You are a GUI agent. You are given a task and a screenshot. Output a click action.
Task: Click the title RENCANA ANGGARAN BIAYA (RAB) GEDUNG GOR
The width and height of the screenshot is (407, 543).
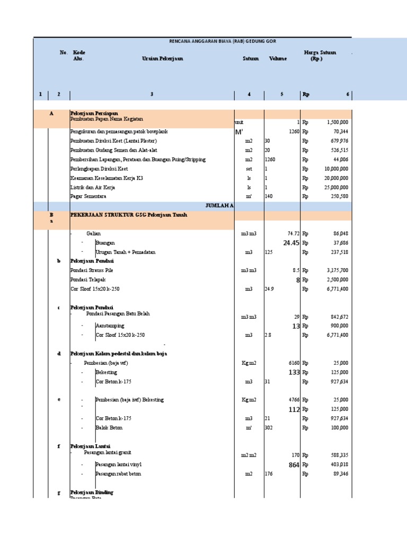(x=222, y=41)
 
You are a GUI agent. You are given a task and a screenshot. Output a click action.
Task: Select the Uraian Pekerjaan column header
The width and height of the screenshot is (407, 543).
(x=162, y=59)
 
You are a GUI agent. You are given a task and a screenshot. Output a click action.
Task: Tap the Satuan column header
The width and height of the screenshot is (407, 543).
(x=251, y=59)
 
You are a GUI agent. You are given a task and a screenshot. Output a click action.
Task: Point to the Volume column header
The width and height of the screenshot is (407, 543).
(x=278, y=59)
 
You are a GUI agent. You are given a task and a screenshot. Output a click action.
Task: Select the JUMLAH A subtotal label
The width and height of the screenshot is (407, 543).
(x=219, y=206)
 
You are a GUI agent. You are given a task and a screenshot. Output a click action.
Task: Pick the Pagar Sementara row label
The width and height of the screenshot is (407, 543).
(x=89, y=197)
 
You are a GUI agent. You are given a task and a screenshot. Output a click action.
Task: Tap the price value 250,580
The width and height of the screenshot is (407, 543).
(x=337, y=197)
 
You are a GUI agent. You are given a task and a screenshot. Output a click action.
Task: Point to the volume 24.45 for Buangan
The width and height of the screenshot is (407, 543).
(x=291, y=243)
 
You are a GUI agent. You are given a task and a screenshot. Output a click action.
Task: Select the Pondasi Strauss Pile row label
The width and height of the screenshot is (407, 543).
(x=92, y=270)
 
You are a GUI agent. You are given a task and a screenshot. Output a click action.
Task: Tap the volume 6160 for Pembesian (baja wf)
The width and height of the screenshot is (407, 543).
(x=294, y=363)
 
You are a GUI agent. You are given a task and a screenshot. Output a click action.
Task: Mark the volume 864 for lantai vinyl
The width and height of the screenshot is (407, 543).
(x=294, y=465)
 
